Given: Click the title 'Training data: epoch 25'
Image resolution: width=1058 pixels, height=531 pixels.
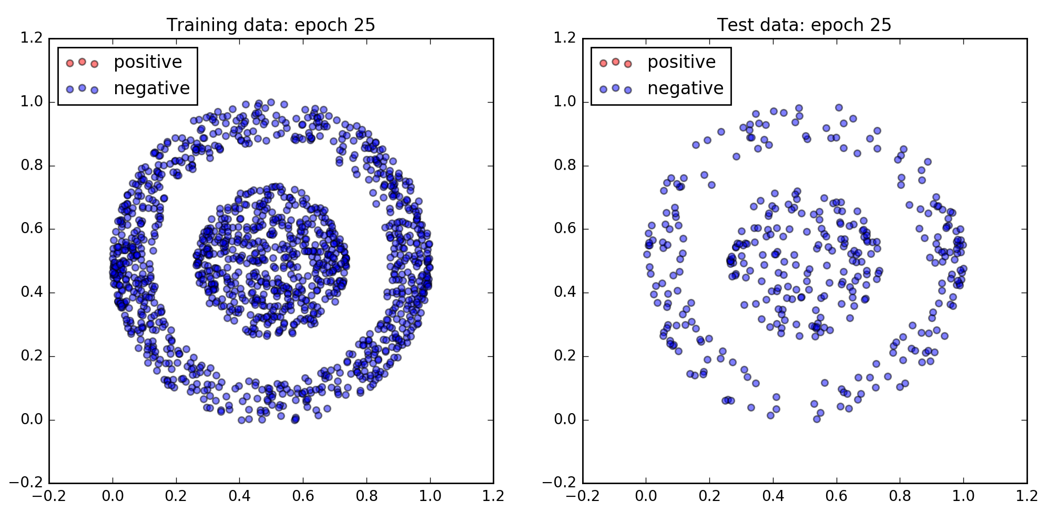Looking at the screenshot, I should [x=271, y=25].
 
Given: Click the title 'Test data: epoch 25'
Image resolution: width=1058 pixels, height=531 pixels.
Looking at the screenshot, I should [x=804, y=25].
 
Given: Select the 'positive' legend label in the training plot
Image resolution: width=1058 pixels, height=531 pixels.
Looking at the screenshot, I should [x=148, y=62].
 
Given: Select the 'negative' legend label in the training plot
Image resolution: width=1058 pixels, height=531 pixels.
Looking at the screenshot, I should [x=151, y=88].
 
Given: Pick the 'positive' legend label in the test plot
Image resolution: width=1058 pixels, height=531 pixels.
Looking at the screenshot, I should [x=681, y=62].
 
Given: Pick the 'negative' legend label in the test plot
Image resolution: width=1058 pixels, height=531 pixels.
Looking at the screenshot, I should [x=685, y=88].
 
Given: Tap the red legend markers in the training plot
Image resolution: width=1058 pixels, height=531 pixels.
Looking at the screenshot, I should [x=82, y=63].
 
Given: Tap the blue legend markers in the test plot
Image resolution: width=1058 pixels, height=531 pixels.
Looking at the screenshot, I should [x=615, y=88].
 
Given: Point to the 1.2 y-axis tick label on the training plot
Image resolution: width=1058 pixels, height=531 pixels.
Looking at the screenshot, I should [x=32, y=38].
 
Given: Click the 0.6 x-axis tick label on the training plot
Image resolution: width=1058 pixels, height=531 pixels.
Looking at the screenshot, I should [x=303, y=497].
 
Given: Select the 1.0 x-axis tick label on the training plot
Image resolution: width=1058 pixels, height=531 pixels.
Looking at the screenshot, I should [x=430, y=497].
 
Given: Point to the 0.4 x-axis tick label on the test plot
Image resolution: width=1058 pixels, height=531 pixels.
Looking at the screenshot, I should [x=773, y=497].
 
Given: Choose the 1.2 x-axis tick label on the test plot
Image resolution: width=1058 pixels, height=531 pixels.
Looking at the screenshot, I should [x=1026, y=497].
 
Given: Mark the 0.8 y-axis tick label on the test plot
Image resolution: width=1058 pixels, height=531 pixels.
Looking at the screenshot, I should [x=565, y=166].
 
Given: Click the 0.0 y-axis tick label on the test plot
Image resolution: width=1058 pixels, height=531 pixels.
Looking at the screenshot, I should [x=565, y=420].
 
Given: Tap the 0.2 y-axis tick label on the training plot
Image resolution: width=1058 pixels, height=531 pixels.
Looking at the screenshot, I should [x=32, y=356].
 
